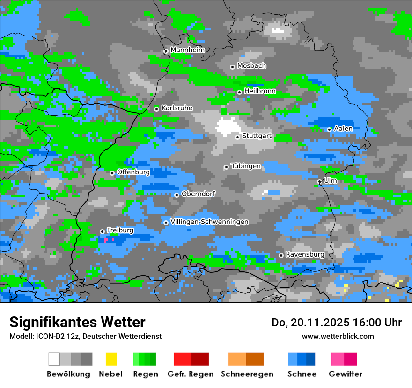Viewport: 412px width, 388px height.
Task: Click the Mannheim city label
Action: (x=187, y=50)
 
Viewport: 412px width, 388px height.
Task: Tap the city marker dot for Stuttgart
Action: (x=237, y=137)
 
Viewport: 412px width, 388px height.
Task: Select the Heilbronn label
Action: (x=260, y=91)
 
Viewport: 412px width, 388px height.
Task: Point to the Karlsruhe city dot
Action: (x=156, y=109)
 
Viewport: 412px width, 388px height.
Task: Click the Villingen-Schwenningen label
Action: (x=209, y=222)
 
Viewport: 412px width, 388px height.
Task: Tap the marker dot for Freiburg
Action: (x=102, y=231)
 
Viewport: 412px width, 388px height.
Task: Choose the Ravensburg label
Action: (x=305, y=254)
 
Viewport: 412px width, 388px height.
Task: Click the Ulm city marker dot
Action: (x=319, y=181)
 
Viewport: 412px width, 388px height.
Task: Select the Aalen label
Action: (x=343, y=129)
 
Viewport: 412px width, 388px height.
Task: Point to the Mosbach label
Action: (x=251, y=66)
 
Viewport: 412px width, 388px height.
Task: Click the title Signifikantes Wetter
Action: (x=77, y=322)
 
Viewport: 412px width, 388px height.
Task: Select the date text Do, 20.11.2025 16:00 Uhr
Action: (x=337, y=323)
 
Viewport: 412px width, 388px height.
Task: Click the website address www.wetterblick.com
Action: (x=338, y=336)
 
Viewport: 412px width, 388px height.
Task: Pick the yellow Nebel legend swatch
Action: (x=111, y=359)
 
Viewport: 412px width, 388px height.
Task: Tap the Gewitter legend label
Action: (x=345, y=374)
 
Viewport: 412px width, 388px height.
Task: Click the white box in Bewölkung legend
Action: (x=54, y=359)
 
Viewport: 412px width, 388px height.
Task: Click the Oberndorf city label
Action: (x=198, y=194)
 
